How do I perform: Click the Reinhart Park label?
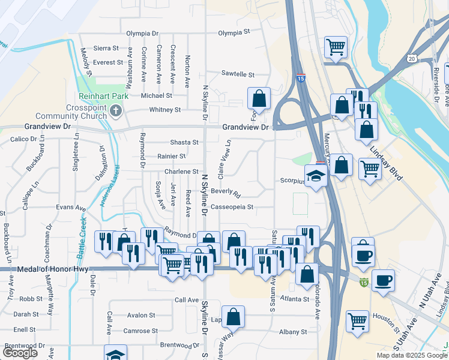[x=98, y=96]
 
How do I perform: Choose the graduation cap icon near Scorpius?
[x=315, y=175]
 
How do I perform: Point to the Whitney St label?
[x=164, y=110]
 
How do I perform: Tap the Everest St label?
[x=108, y=62]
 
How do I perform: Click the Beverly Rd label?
[x=226, y=193]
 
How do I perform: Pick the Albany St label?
[x=293, y=332]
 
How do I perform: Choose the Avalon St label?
[x=141, y=315]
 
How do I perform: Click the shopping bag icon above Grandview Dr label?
[x=259, y=98]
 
